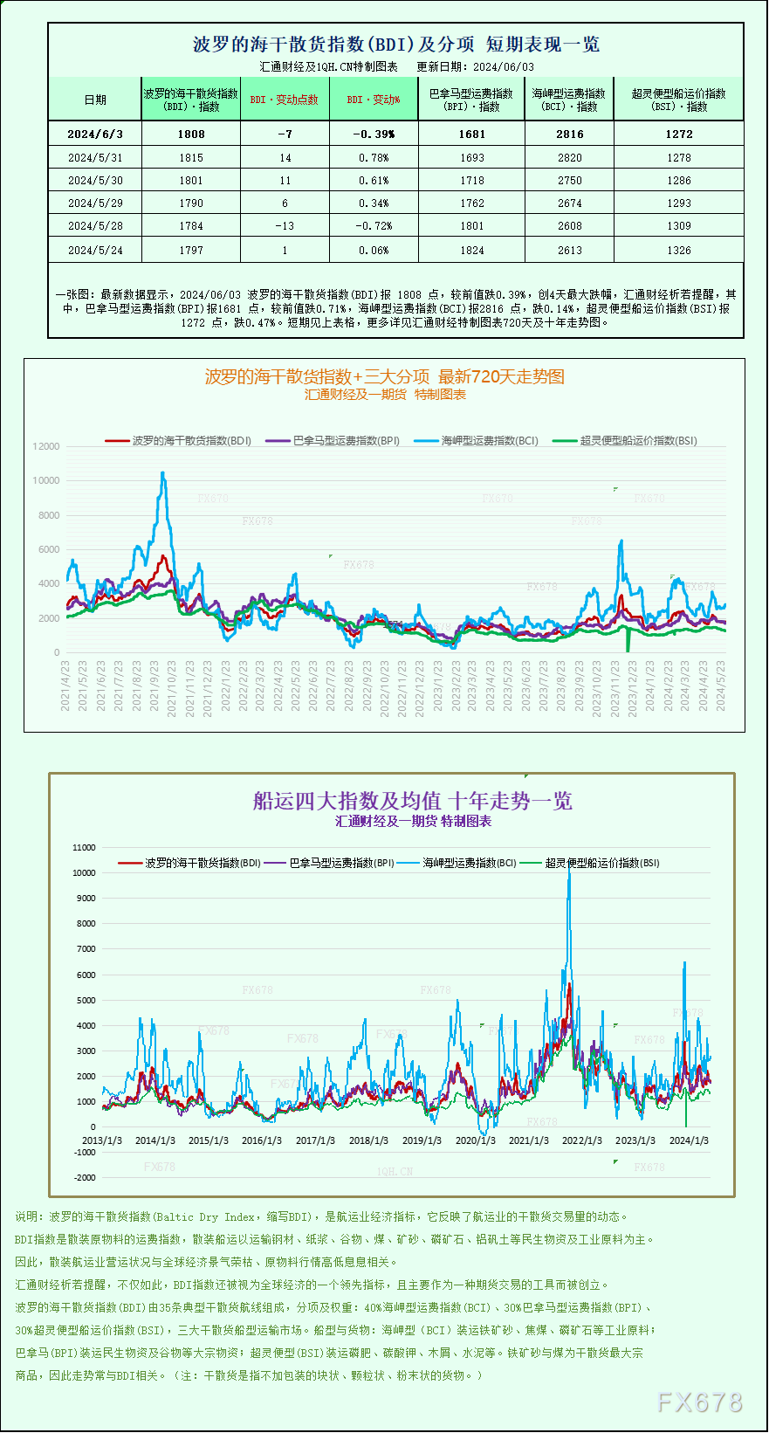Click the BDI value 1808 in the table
[x=190, y=134]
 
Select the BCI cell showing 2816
[x=569, y=134]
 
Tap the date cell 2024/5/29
[x=95, y=203]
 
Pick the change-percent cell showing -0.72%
[x=374, y=225]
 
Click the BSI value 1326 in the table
[x=678, y=250]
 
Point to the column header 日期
[x=95, y=100]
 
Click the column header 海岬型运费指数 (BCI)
[x=569, y=100]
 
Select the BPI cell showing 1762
[x=471, y=203]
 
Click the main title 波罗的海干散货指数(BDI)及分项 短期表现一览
[x=395, y=45]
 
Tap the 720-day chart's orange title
[x=384, y=376]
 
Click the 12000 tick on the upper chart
[x=46, y=446]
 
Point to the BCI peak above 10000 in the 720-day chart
[x=162, y=474]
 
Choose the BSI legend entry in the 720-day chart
[x=626, y=440]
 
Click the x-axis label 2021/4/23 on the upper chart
[x=65, y=685]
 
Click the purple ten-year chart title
[x=412, y=800]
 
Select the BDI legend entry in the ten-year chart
[x=190, y=863]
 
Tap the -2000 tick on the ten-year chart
[x=85, y=1177]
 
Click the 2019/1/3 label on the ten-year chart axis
[x=422, y=1140]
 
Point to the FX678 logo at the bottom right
[x=699, y=1402]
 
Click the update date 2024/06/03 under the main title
[x=504, y=66]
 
